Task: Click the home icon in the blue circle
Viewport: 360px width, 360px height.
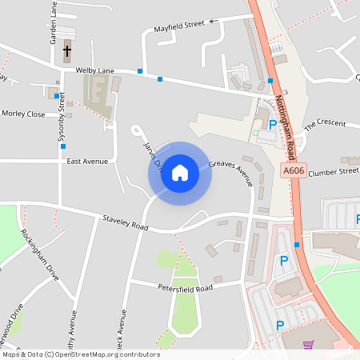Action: pyautogui.click(x=179, y=173)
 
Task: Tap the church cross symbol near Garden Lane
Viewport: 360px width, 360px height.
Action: pyautogui.click(x=66, y=52)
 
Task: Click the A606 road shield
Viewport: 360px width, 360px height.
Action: pyautogui.click(x=292, y=171)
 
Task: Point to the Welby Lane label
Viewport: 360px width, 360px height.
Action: pyautogui.click(x=91, y=70)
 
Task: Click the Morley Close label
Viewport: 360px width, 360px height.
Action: pyautogui.click(x=24, y=114)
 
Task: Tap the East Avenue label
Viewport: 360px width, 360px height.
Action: pyautogui.click(x=87, y=161)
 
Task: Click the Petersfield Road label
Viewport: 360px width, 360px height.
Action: pyautogui.click(x=185, y=287)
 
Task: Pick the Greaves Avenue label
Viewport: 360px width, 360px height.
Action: pyautogui.click(x=231, y=172)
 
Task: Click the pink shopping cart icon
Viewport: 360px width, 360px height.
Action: pyautogui.click(x=308, y=344)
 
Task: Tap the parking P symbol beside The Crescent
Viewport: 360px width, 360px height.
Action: pyautogui.click(x=273, y=125)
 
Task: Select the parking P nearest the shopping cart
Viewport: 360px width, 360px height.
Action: pyautogui.click(x=279, y=325)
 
